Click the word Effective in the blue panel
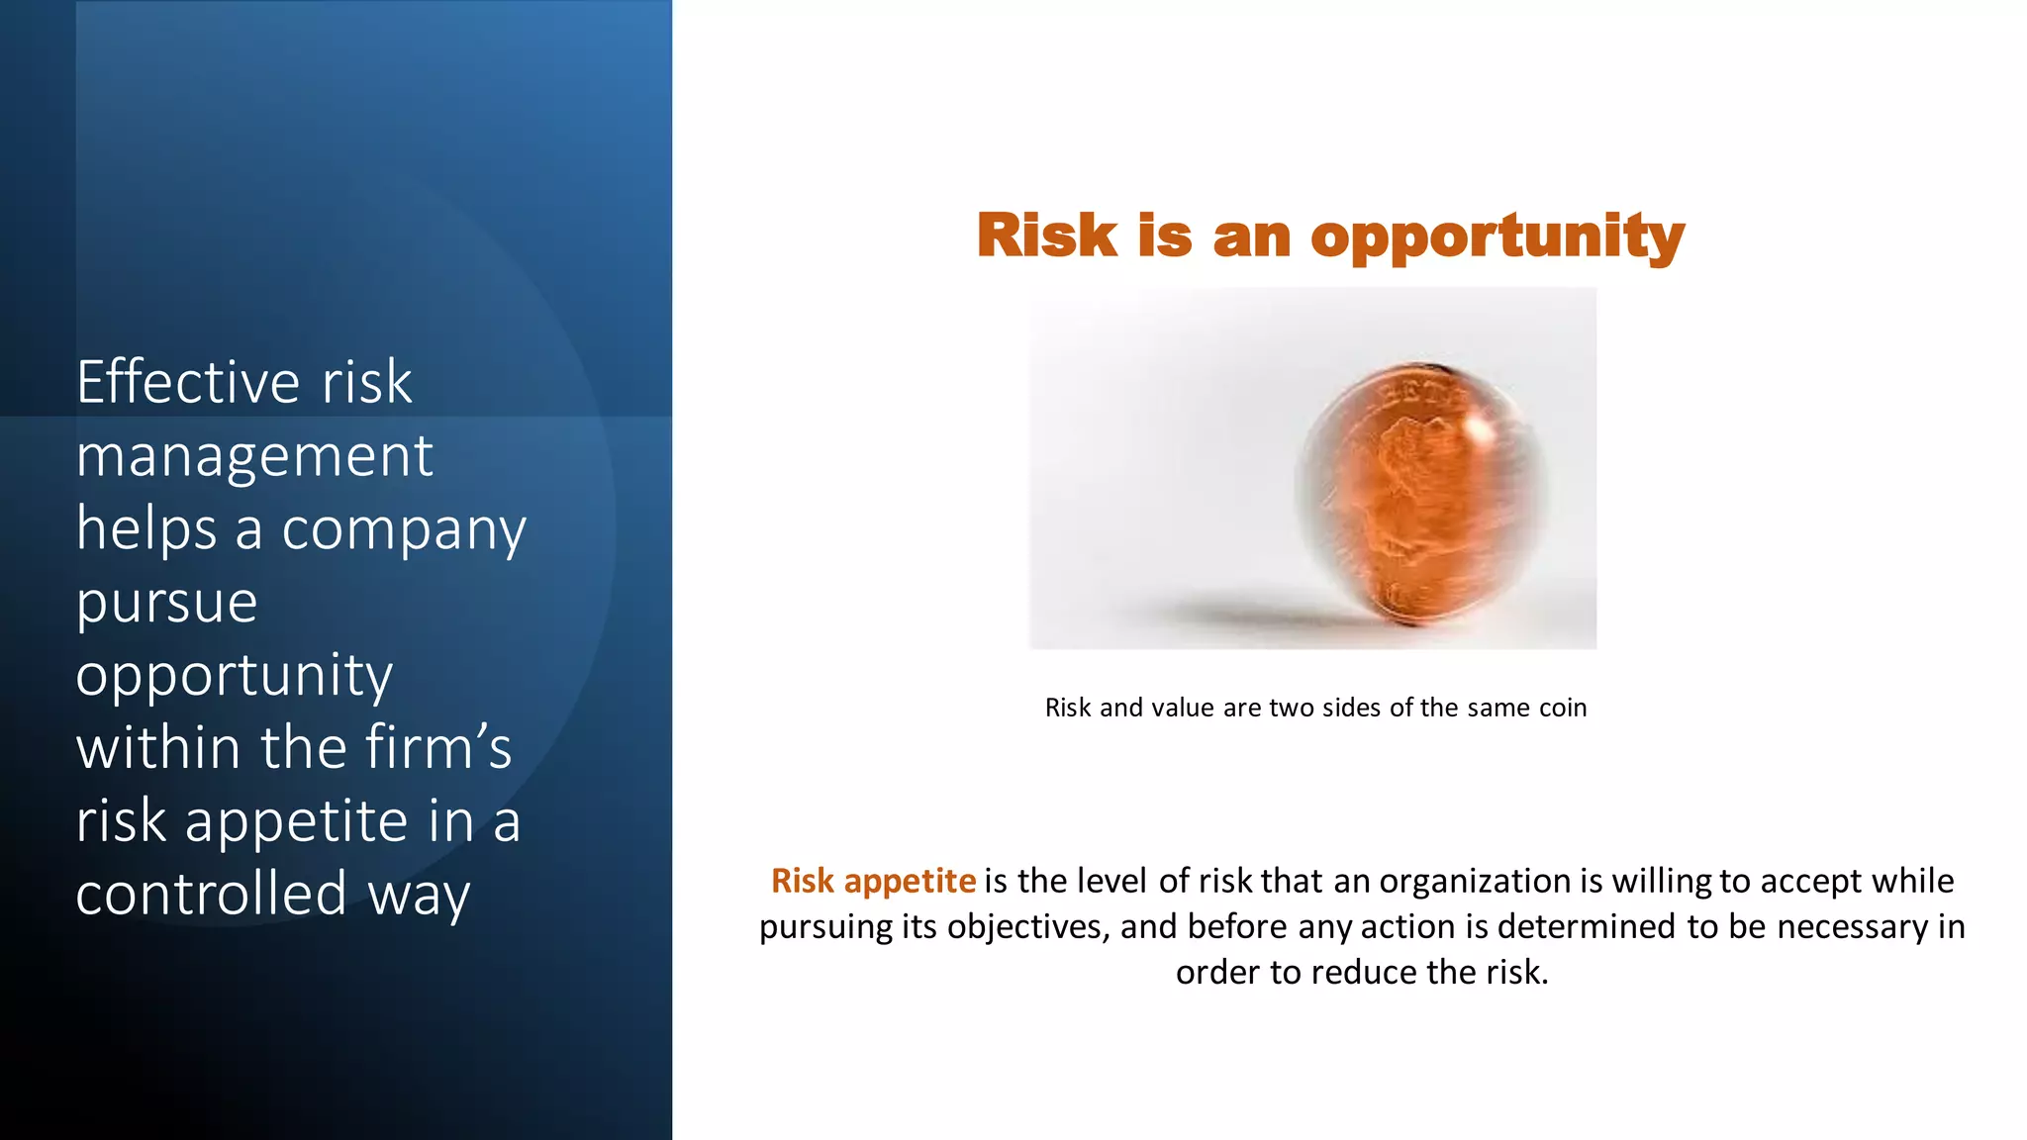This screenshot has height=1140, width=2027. click(188, 382)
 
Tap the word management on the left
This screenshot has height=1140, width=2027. click(254, 456)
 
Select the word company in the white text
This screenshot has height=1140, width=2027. click(404, 530)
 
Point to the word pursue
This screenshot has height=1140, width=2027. click(167, 604)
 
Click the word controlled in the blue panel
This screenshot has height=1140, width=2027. click(211, 894)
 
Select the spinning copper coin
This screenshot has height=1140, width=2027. click(1421, 495)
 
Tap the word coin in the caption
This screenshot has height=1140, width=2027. click(1563, 708)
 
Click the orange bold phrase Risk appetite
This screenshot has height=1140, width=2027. click(873, 881)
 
